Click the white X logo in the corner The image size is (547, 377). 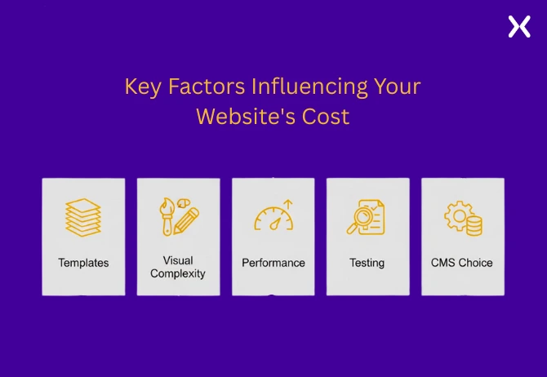point(519,26)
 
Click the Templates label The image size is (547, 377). point(83,263)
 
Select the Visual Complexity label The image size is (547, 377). point(178,267)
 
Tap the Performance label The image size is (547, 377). point(273,263)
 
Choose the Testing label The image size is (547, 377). point(367,263)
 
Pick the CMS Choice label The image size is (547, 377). point(462,263)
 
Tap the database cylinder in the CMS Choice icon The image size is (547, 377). point(473,226)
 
